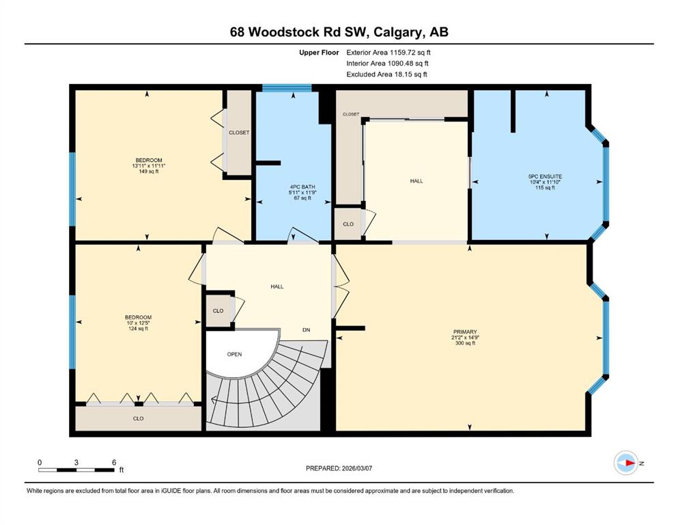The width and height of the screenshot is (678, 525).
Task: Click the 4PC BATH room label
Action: pyautogui.click(x=300, y=187)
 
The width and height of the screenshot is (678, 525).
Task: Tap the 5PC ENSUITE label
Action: pyautogui.click(x=545, y=176)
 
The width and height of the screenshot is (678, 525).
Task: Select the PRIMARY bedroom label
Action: pyautogui.click(x=465, y=332)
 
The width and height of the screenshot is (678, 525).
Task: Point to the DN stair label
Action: pyautogui.click(x=306, y=329)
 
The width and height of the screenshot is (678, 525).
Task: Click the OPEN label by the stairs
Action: pyautogui.click(x=234, y=354)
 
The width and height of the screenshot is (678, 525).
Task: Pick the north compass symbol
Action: pyautogui.click(x=627, y=463)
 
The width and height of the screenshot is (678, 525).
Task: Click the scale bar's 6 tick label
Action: pyautogui.click(x=114, y=462)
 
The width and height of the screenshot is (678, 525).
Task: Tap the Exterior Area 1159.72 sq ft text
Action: pyautogui.click(x=389, y=53)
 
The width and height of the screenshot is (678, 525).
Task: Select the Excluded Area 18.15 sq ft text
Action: pyautogui.click(x=386, y=74)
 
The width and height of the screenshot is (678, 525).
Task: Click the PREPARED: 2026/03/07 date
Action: pyautogui.click(x=339, y=468)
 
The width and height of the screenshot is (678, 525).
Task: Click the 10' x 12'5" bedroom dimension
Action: pyautogui.click(x=139, y=323)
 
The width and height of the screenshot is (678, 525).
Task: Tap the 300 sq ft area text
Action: pyautogui.click(x=465, y=343)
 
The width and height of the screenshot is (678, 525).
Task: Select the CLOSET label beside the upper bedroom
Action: pyautogui.click(x=239, y=133)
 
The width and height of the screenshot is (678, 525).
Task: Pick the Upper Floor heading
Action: pyautogui.click(x=319, y=53)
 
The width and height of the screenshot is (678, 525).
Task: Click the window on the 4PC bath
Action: pyautogui.click(x=287, y=88)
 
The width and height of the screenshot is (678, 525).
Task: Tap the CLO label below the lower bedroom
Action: pyautogui.click(x=139, y=418)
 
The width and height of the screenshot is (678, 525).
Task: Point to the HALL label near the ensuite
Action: pyautogui.click(x=416, y=181)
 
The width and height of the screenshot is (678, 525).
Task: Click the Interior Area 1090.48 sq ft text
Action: pyautogui.click(x=387, y=63)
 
